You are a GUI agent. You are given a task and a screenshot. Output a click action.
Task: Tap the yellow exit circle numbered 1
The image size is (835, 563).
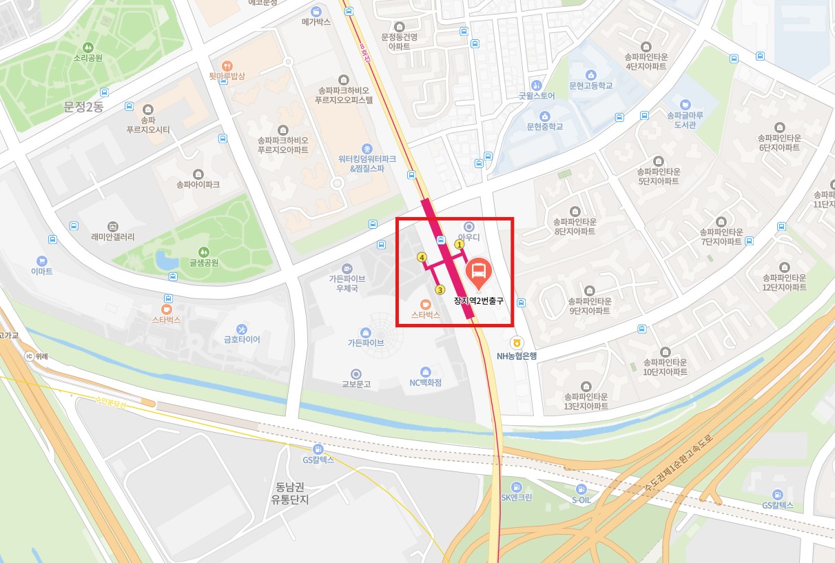[x=460, y=244]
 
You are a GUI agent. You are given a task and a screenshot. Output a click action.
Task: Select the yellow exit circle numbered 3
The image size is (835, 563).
[x=440, y=289]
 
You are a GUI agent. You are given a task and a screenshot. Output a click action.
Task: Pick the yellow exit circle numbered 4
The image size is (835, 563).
[x=422, y=257]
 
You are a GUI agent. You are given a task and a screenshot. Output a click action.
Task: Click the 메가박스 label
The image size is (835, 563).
[x=316, y=22]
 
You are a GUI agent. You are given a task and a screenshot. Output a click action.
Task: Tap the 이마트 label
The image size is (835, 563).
[x=42, y=272]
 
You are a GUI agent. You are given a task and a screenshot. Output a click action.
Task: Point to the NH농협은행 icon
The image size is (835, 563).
[x=516, y=342]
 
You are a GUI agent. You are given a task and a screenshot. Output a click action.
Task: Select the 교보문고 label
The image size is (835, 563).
[x=356, y=384]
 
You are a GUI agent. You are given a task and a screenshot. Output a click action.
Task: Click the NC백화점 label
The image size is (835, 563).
[x=425, y=382]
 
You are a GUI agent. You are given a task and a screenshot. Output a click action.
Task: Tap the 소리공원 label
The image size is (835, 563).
[x=88, y=58]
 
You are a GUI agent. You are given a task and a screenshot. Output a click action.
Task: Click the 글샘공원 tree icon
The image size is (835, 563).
[x=203, y=252]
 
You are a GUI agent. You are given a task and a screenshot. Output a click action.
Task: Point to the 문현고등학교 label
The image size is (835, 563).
[x=590, y=86]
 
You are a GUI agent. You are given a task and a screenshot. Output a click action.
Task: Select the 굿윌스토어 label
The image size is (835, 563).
[x=537, y=96]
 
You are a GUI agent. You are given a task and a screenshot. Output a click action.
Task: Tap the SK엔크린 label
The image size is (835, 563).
[x=516, y=498]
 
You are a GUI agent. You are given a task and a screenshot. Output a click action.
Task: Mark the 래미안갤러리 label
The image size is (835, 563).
[x=113, y=237]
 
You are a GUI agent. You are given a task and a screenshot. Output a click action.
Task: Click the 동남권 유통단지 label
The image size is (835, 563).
[x=289, y=492]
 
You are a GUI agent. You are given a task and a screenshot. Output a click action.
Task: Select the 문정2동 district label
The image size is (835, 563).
[x=83, y=108]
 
